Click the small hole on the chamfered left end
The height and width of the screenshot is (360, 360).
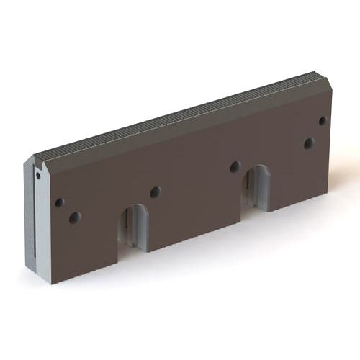[37, 174]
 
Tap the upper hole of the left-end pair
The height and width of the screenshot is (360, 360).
[59, 202]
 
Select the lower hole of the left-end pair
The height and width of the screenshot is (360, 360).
[74, 217]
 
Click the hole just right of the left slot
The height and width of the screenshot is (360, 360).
[155, 192]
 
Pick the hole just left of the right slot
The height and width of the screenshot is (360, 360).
[235, 166]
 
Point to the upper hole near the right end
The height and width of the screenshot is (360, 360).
[322, 121]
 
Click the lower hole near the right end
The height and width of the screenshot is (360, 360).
[308, 143]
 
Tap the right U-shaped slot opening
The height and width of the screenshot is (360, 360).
[256, 189]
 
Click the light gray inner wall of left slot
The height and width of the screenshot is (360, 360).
[143, 230]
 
